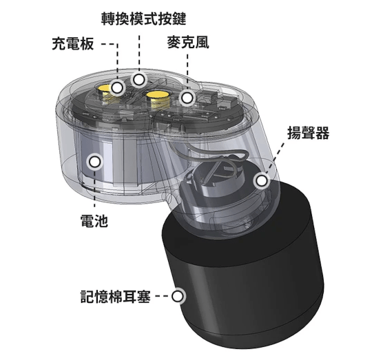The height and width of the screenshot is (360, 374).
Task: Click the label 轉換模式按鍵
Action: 143,19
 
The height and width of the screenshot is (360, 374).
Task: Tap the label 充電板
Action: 73,43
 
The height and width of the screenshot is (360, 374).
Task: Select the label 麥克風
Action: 188,43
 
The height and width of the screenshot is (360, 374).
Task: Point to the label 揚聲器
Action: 309,133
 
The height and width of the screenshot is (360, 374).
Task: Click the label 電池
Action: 94,220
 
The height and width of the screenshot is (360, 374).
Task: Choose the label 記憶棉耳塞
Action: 116,297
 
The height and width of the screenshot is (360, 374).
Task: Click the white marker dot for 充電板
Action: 117,88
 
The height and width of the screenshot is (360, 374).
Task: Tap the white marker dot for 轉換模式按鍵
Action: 139,79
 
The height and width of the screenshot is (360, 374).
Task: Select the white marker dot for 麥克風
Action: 187,98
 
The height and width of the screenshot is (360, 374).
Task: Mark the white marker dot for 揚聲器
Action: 262,180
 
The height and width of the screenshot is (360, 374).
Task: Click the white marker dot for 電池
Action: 95,162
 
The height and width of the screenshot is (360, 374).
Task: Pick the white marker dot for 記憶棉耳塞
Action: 178,297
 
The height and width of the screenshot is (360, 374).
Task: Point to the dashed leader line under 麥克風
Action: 187,72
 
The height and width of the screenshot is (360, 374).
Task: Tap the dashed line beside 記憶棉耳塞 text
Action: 162,297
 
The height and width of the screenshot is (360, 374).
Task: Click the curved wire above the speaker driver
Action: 210,153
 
